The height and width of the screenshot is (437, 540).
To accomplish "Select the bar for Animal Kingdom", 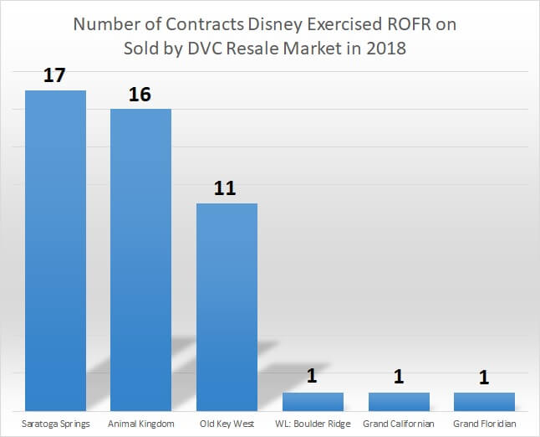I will coord(140,260).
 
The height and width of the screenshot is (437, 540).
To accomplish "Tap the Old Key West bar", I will coord(227,306).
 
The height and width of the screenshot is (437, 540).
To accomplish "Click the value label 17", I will coord(54,76).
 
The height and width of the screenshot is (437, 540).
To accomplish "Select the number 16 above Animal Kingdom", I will coord(140,95).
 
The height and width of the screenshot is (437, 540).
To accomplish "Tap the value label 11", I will coord(225,189).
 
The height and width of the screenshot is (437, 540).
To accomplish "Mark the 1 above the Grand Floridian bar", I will coord(484,377).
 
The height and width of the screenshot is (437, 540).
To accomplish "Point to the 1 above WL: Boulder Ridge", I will coord(313,377).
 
